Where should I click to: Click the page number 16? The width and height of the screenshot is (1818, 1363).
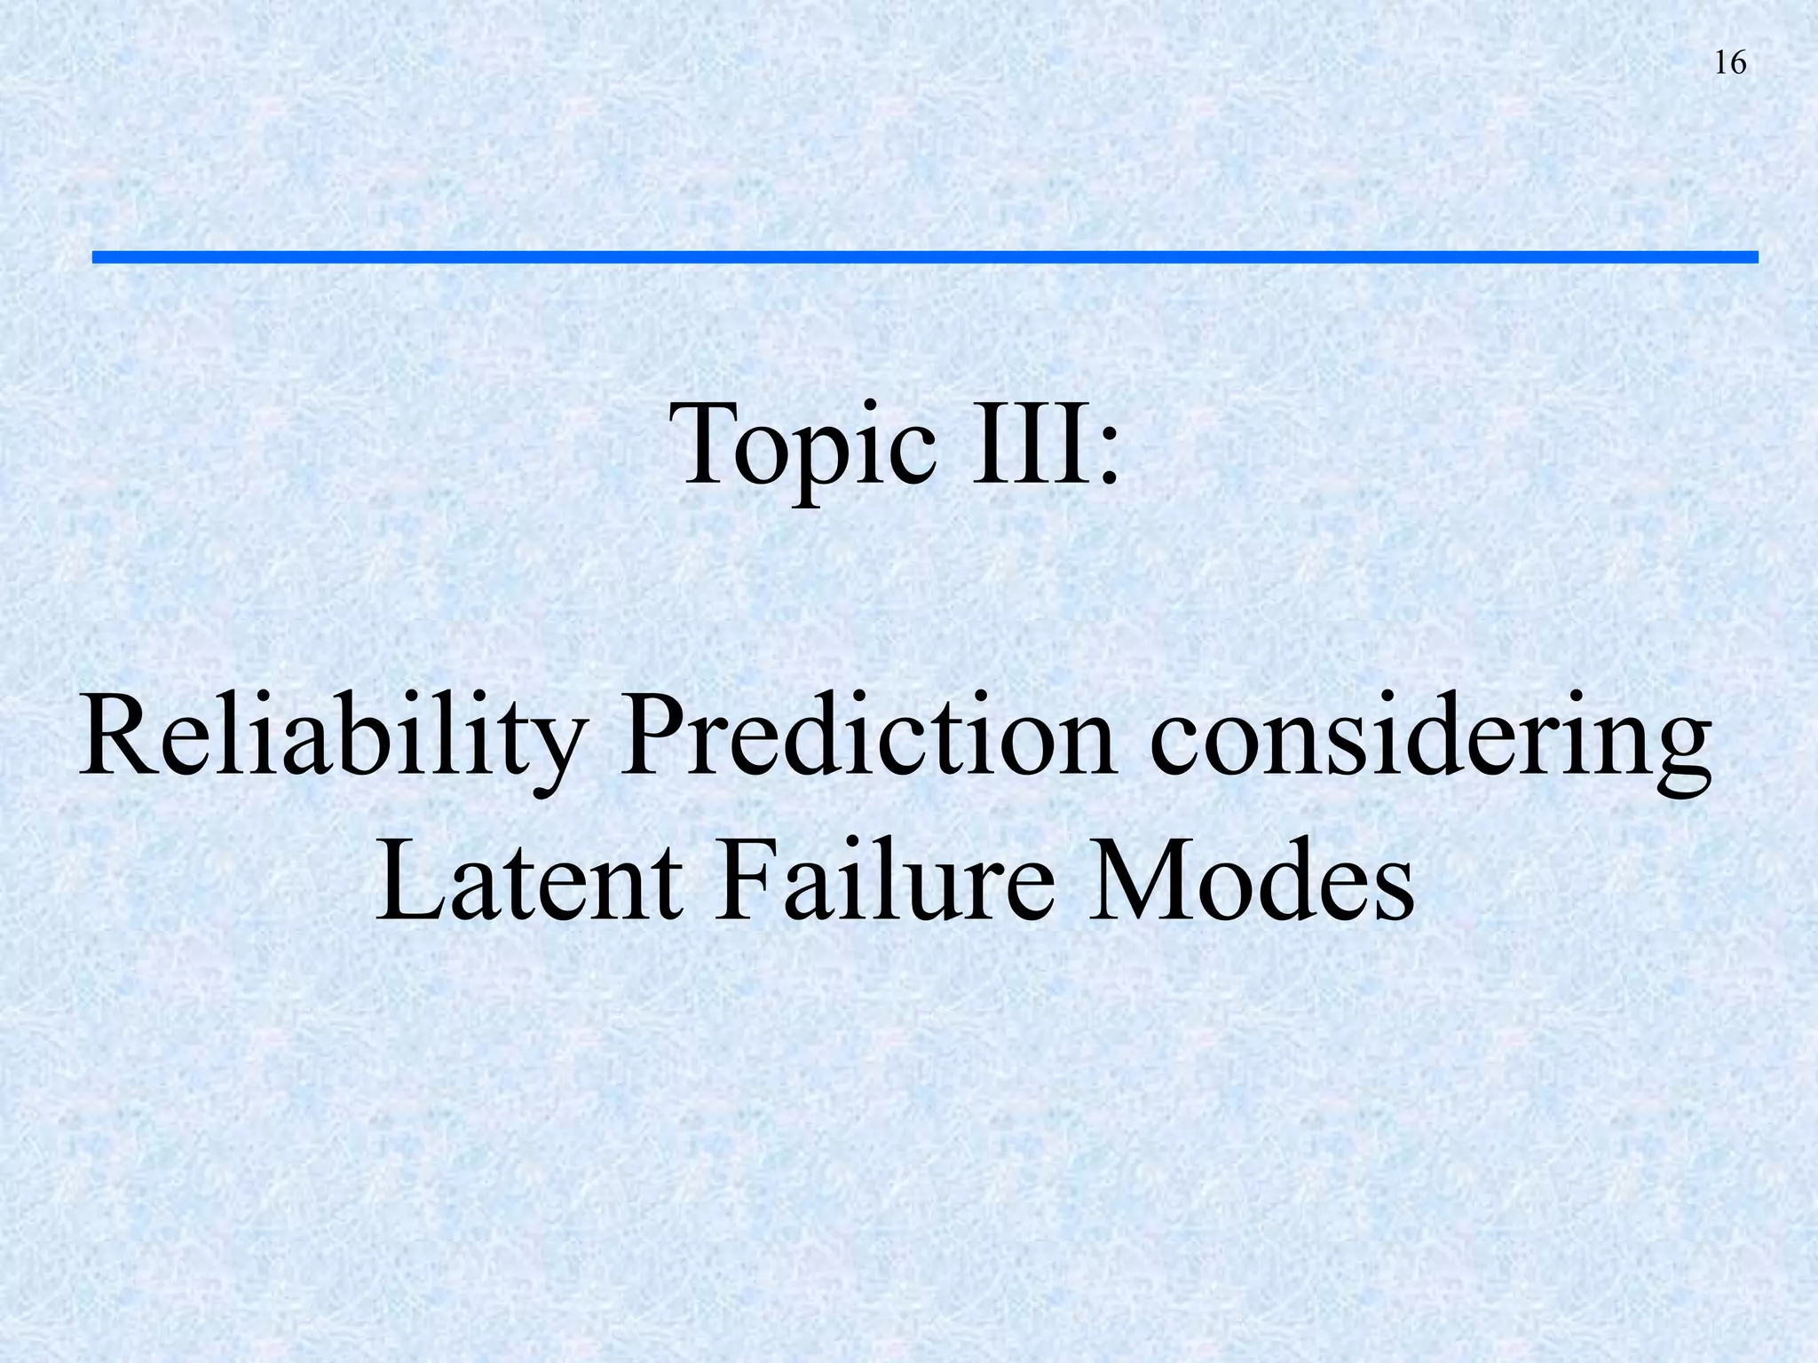click(x=1730, y=63)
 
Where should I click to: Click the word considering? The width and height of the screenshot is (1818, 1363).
click(x=1430, y=741)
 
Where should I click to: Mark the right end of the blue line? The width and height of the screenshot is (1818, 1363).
click(x=1755, y=257)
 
